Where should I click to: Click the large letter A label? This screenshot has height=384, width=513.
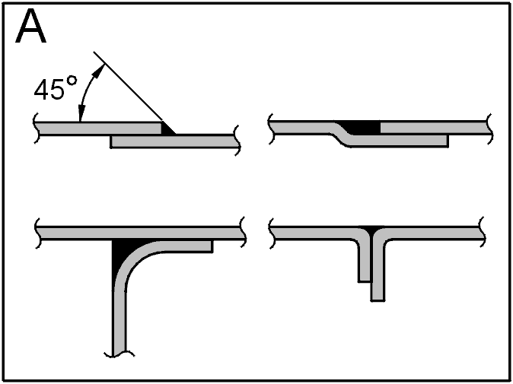click(x=30, y=27)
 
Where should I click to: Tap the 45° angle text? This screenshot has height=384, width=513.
click(x=56, y=87)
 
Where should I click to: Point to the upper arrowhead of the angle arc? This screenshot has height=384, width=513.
click(x=99, y=70)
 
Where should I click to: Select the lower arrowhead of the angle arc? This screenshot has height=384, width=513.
click(x=81, y=114)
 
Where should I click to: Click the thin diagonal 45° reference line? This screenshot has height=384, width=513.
click(x=128, y=86)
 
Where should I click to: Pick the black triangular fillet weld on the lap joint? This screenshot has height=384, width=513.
click(x=167, y=128)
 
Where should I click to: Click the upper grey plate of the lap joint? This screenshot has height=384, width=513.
click(x=98, y=128)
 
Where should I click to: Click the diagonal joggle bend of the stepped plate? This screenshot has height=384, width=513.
click(x=340, y=134)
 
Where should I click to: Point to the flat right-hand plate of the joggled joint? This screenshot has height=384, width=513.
click(x=435, y=128)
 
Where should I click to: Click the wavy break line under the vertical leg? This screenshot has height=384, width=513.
click(x=119, y=354)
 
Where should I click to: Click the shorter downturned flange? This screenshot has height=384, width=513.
click(x=365, y=262)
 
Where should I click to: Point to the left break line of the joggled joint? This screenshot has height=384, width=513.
click(x=271, y=129)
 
